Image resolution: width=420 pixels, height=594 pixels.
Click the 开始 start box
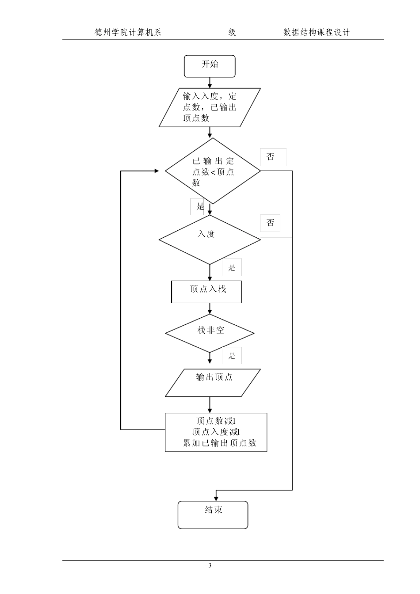(x=210, y=66)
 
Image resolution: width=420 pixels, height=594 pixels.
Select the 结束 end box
(x=213, y=514)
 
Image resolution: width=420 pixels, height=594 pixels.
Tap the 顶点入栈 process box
(x=206, y=292)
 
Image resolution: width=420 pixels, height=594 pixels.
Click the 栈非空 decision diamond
(x=210, y=333)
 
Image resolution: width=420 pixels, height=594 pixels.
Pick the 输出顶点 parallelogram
(x=213, y=382)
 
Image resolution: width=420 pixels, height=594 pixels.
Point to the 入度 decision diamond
(x=210, y=240)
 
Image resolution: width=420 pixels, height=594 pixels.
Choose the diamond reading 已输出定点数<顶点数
(x=213, y=171)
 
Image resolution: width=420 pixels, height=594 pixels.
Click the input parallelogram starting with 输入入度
(x=210, y=107)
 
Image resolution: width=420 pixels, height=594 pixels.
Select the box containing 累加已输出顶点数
(x=216, y=432)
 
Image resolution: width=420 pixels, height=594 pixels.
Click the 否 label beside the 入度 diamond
(x=270, y=223)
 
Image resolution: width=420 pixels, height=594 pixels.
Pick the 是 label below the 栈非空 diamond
(x=232, y=356)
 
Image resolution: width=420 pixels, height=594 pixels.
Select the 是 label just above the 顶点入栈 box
(x=232, y=267)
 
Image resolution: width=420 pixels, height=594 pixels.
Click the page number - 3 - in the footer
(x=210, y=565)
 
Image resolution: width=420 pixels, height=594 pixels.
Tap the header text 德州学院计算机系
(x=128, y=32)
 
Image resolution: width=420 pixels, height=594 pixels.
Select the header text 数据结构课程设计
(x=317, y=32)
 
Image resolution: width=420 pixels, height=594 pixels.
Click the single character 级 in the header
(x=232, y=32)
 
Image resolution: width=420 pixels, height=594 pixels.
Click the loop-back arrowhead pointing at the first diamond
(x=157, y=171)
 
